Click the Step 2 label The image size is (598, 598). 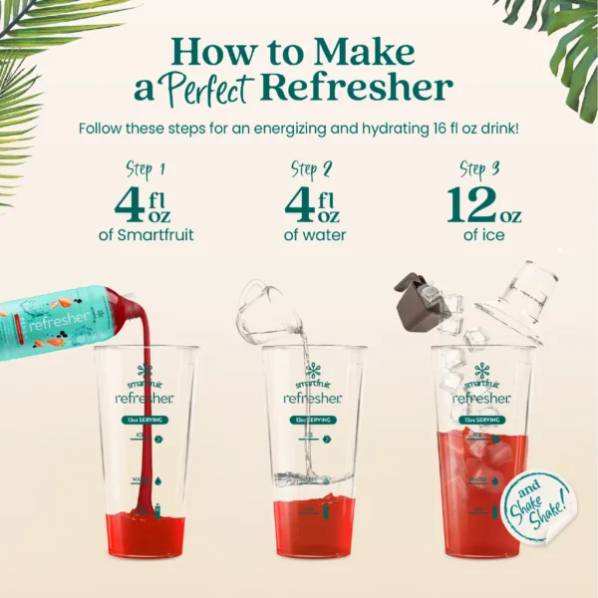[311, 168]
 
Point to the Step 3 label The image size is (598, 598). [479, 168]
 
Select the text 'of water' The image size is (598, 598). [314, 236]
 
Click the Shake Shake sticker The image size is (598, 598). [536, 507]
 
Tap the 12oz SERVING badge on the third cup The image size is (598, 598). [480, 420]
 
